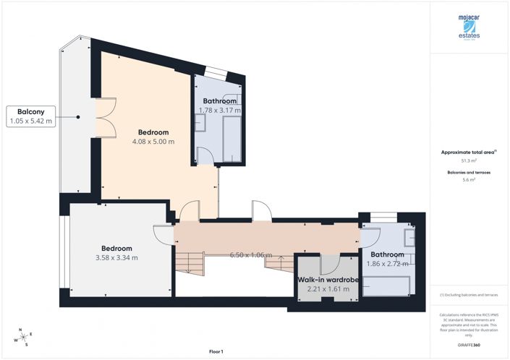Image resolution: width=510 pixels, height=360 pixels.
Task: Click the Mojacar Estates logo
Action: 469,27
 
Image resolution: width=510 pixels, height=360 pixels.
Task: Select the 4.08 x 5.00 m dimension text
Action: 153,142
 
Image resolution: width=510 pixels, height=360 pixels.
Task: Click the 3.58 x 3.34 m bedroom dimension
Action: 116,257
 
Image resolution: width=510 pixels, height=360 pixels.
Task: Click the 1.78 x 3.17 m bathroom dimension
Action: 219,111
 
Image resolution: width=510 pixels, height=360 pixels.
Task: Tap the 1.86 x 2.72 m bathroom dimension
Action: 388,265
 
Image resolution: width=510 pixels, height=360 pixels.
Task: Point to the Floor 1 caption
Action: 216,351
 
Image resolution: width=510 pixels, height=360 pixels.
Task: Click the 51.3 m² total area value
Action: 469,161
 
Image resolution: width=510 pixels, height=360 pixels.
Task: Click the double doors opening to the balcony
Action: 106,116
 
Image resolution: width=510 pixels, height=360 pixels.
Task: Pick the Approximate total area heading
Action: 469,153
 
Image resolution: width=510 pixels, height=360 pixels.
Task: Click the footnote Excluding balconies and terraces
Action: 469,296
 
